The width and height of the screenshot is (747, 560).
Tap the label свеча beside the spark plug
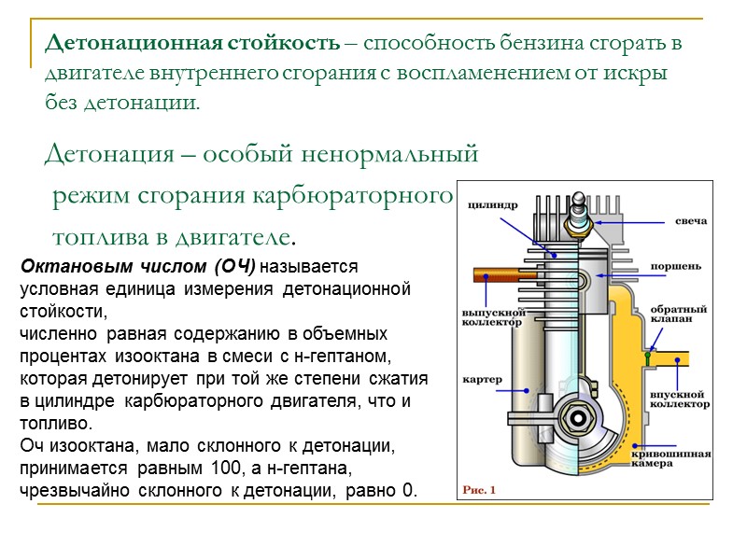click(691, 221)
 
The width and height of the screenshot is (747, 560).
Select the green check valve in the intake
click(646, 355)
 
